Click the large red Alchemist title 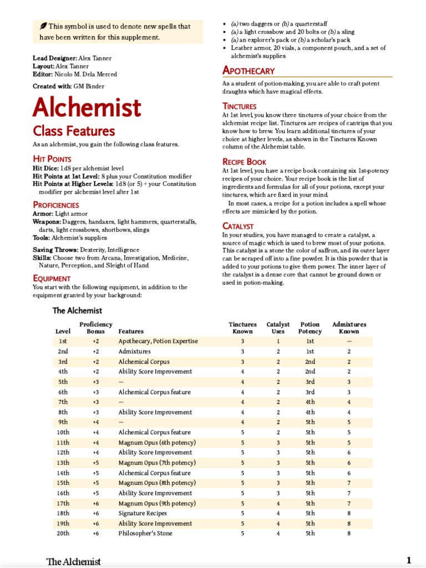(x=87, y=108)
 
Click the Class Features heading (x=74, y=131)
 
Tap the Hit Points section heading (x=52, y=159)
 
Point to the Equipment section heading (x=52, y=278)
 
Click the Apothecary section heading (x=248, y=70)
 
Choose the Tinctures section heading (x=240, y=106)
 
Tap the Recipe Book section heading (x=245, y=162)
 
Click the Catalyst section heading (x=239, y=226)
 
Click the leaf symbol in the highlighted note (x=43, y=26)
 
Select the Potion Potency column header (x=310, y=328)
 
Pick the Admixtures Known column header (x=349, y=328)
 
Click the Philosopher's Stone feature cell (x=145, y=534)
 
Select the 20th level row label (x=63, y=534)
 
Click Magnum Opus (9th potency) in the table (x=157, y=504)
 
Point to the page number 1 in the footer (x=409, y=560)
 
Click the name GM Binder (x=89, y=86)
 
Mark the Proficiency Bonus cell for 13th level (x=95, y=463)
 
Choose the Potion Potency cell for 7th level (x=310, y=402)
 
